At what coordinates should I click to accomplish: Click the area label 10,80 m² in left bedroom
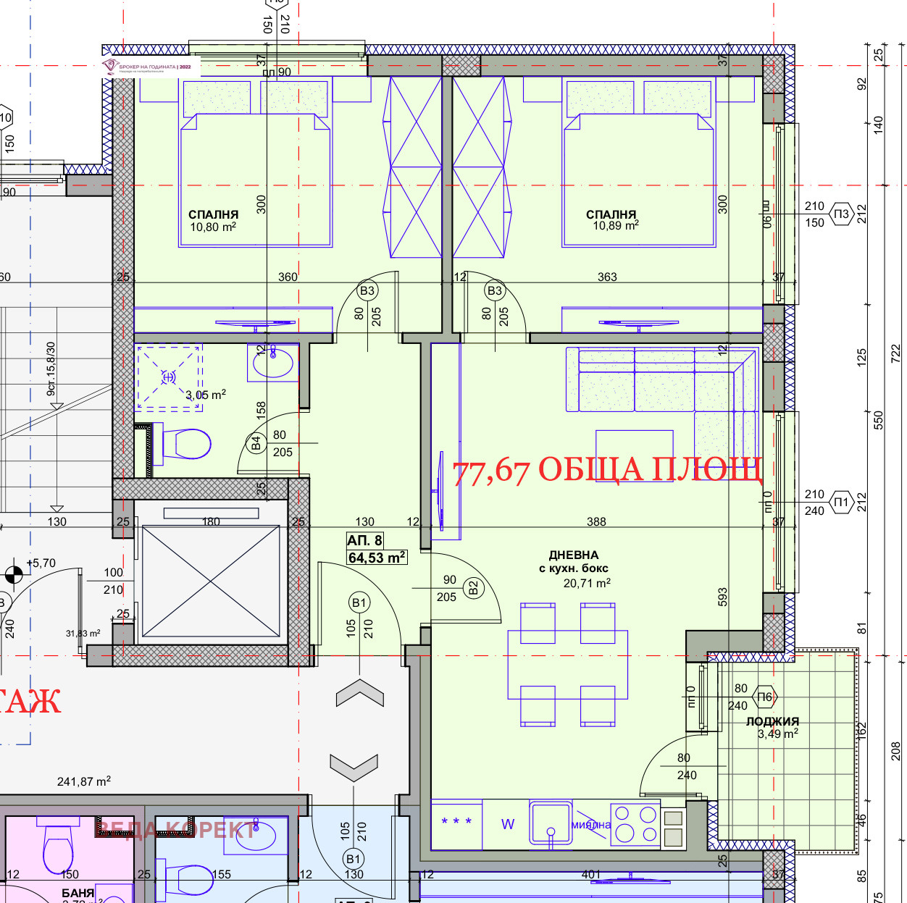point(213,227)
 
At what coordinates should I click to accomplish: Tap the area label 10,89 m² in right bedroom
point(616,225)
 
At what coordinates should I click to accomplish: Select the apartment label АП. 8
point(364,540)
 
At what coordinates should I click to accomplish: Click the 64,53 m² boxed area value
point(377,558)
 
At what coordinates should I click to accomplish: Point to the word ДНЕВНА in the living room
point(574,555)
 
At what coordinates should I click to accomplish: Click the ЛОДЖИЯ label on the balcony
point(772,721)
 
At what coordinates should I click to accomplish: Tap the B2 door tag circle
point(474,587)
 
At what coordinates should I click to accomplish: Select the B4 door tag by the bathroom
point(256,443)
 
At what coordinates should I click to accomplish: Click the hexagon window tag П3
point(840,214)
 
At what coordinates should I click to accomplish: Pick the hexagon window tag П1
point(840,502)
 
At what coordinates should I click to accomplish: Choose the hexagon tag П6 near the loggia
point(765,697)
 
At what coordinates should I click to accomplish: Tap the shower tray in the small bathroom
point(169,377)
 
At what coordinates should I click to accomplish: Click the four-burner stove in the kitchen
point(635,825)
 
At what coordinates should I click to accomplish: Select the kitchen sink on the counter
point(551,823)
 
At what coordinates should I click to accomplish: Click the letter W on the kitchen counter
point(508,824)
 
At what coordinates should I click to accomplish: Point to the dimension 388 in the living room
point(596,521)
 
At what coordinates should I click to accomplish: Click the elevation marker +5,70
point(41,563)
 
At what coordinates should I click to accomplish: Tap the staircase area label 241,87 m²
point(84,781)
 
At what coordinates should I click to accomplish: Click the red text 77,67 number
point(491,471)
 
